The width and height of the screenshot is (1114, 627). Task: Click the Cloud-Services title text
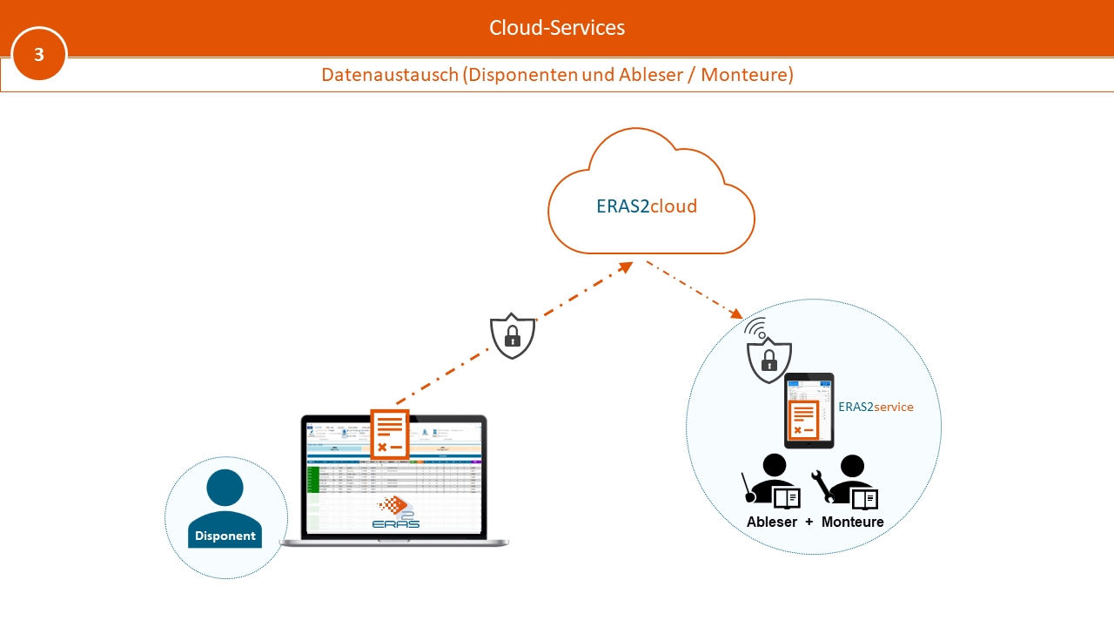557,28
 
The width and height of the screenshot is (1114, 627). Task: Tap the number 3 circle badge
39,54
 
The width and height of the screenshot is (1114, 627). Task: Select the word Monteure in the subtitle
747,75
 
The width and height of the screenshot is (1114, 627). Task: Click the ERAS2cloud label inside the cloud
647,206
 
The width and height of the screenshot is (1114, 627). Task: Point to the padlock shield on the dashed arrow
513,335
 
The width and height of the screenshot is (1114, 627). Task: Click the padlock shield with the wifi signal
769,357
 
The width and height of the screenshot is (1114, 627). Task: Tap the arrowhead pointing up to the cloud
626,267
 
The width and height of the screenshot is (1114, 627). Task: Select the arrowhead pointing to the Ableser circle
735,313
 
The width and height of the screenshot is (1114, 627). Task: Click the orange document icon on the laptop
390,434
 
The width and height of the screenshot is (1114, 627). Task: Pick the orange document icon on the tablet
803,420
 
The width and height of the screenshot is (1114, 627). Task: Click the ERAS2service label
876,407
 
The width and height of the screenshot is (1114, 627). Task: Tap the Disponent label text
225,536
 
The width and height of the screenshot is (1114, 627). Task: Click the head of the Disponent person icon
225,487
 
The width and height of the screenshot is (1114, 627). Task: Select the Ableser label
772,522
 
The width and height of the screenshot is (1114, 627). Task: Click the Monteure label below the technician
853,522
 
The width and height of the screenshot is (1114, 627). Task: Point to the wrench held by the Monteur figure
821,486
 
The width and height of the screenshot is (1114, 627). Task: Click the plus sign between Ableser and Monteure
809,522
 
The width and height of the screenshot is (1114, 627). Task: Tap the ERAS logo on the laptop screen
397,514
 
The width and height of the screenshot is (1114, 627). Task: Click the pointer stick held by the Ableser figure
747,488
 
